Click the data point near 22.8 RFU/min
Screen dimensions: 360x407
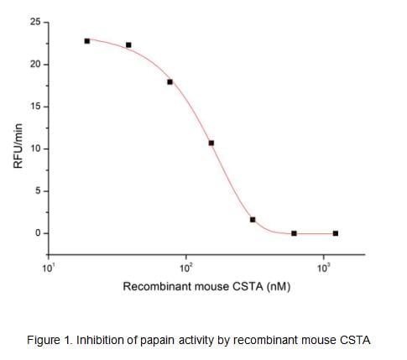[87, 41]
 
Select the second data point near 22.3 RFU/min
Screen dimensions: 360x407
[128, 45]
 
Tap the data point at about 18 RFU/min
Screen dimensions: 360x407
[170, 82]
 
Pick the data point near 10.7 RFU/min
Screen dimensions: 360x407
[211, 143]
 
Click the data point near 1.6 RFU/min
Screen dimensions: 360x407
[253, 220]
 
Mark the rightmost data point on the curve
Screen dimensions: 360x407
[336, 233]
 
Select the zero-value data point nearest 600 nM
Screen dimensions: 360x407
[294, 233]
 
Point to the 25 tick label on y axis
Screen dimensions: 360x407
[34, 23]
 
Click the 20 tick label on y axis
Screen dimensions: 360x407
[34, 65]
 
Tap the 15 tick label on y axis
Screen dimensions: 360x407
[34, 107]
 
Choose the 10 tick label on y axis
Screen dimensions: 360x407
[34, 149]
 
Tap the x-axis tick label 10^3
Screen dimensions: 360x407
[324, 268]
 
